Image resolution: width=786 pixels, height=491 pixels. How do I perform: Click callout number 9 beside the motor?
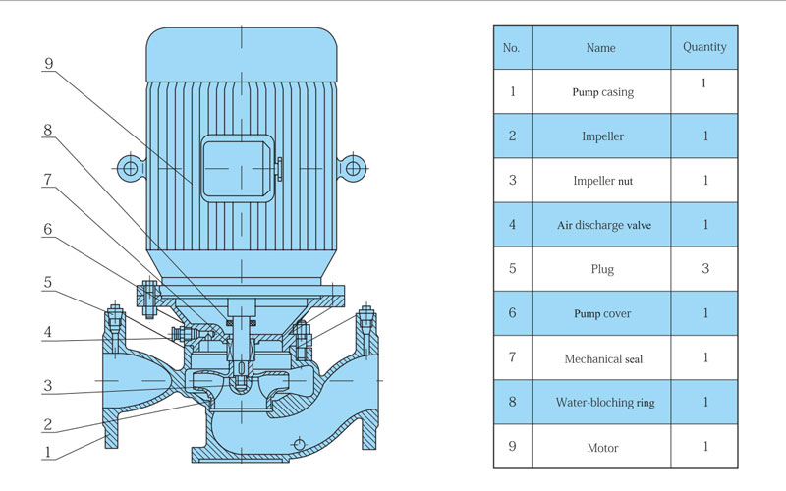click(48, 64)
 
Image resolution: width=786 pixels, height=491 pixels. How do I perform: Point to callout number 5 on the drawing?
click(48, 282)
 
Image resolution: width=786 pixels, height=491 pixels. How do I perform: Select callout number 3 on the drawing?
click(48, 386)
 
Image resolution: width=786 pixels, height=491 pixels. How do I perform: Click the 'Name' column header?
click(600, 47)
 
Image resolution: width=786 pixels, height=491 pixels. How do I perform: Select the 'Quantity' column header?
click(704, 47)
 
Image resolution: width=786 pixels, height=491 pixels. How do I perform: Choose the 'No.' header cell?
click(511, 47)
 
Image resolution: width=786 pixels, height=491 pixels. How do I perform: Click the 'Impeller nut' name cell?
click(600, 181)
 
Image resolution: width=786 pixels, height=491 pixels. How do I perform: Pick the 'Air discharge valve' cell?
click(600, 225)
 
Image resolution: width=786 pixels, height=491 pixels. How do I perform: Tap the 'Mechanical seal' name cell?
click(600, 358)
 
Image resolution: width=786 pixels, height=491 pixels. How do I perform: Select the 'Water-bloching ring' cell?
click(600, 403)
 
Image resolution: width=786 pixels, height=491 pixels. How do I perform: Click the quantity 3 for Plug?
click(704, 269)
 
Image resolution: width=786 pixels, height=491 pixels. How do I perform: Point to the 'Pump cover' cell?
click(600, 313)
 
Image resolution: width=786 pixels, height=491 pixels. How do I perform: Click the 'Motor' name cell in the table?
click(600, 447)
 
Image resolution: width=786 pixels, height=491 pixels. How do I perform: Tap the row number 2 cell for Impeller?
click(511, 136)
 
